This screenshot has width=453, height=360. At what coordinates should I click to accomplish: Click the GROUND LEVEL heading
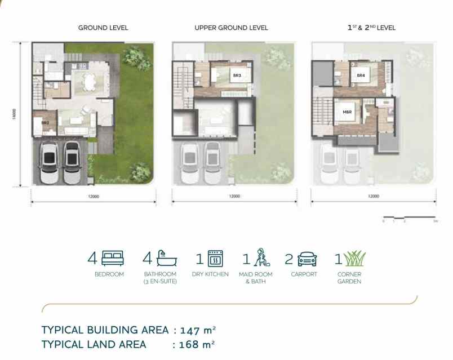click(x=103, y=28)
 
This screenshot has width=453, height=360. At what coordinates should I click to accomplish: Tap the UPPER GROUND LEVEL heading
click(x=231, y=28)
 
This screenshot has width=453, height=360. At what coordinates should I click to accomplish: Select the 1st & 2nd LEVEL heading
click(x=371, y=28)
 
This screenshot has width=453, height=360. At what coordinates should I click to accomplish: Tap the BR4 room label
click(x=361, y=75)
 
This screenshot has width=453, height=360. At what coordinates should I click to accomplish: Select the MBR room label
click(x=347, y=112)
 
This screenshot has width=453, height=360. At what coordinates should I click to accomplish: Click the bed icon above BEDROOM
click(x=113, y=259)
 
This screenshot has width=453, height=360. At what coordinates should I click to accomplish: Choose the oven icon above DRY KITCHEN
click(x=215, y=259)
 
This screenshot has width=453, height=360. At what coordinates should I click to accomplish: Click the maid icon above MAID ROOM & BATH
click(x=262, y=258)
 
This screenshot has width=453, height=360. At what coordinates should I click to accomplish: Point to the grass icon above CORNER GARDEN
click(x=354, y=259)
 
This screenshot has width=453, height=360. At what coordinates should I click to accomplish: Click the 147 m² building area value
click(x=198, y=330)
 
